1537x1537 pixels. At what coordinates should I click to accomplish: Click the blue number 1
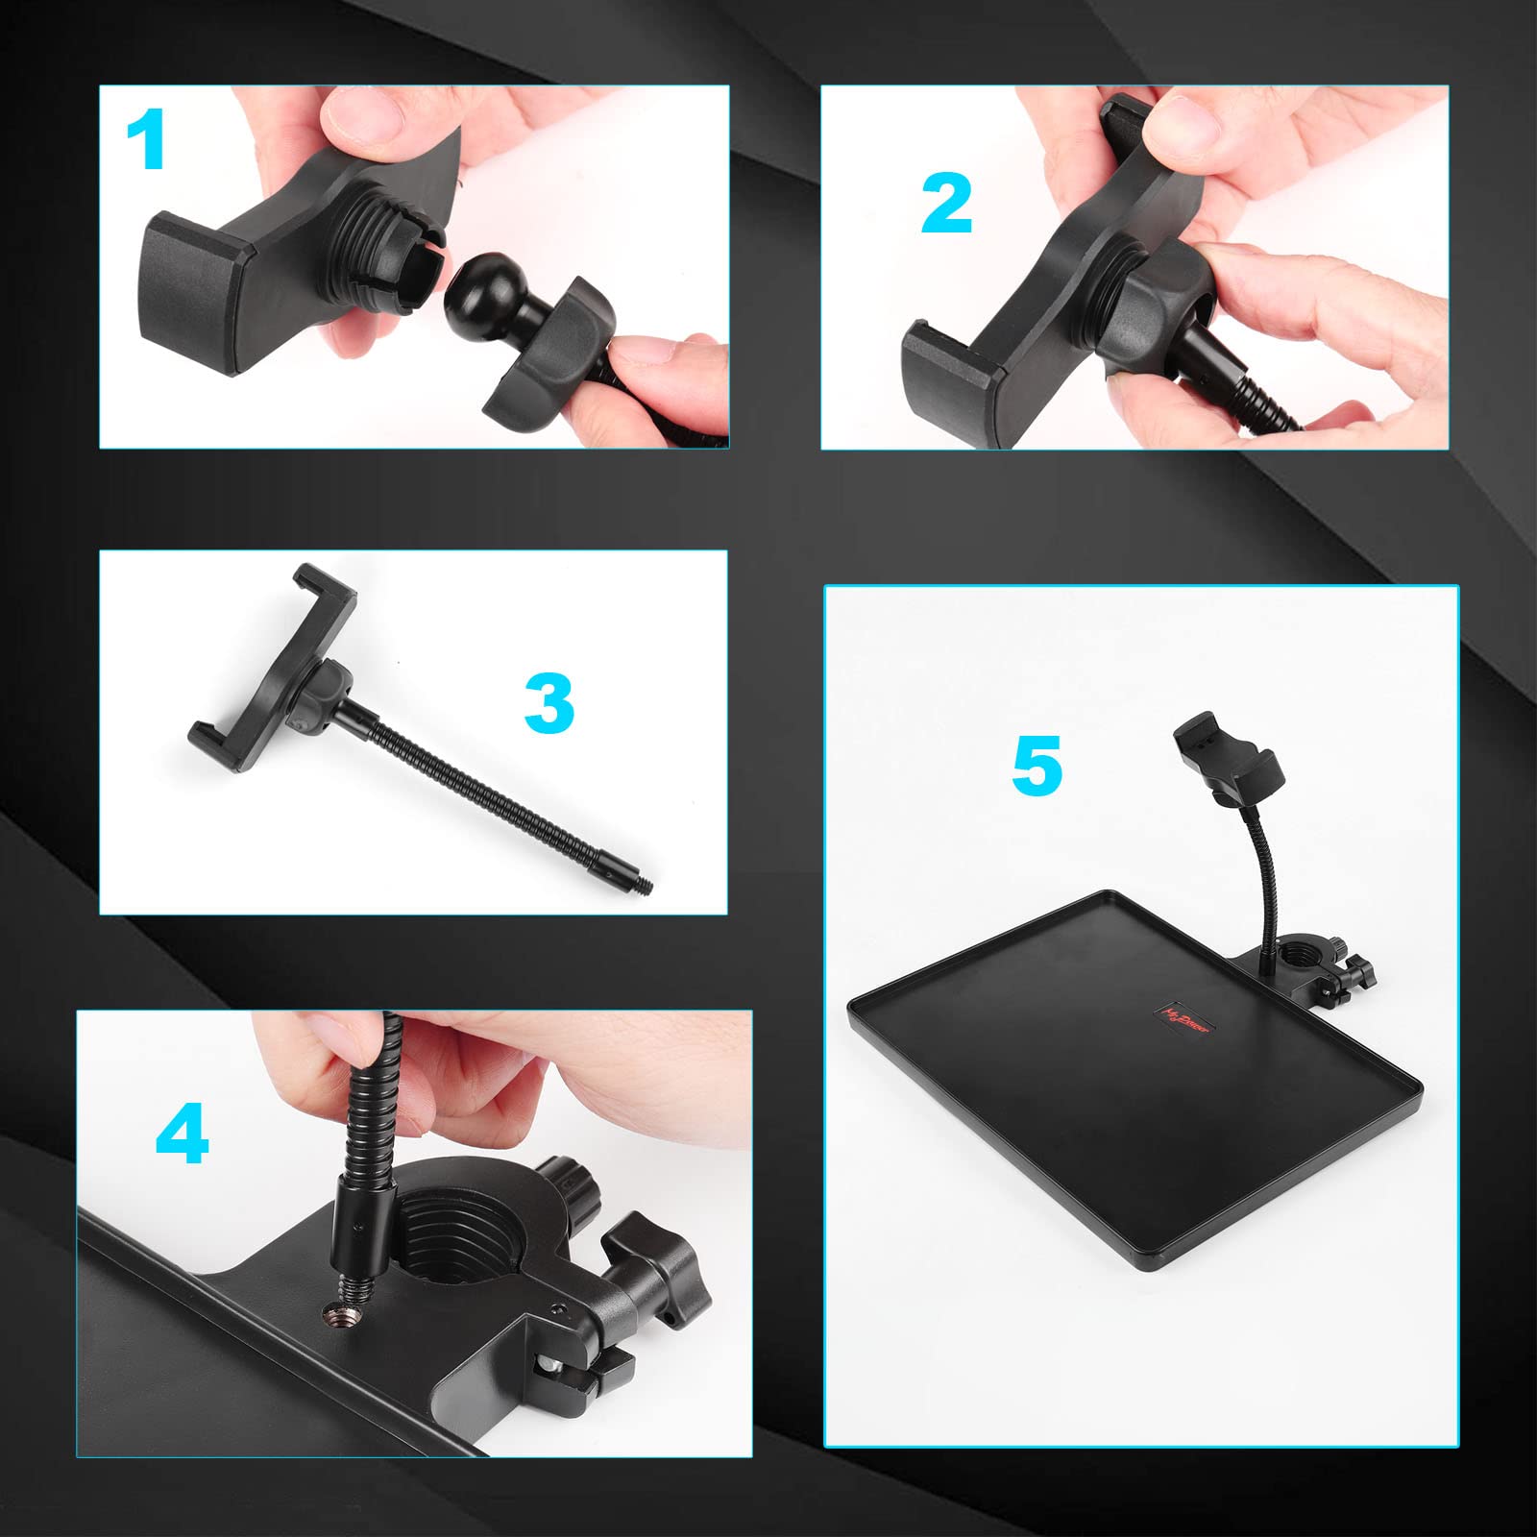[x=147, y=140]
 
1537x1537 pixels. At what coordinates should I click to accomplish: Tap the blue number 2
[x=947, y=205]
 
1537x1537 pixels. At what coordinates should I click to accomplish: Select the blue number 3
[x=549, y=703]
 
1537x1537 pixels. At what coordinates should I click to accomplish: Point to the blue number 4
[x=183, y=1134]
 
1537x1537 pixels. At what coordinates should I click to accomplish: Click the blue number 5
[x=1037, y=766]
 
